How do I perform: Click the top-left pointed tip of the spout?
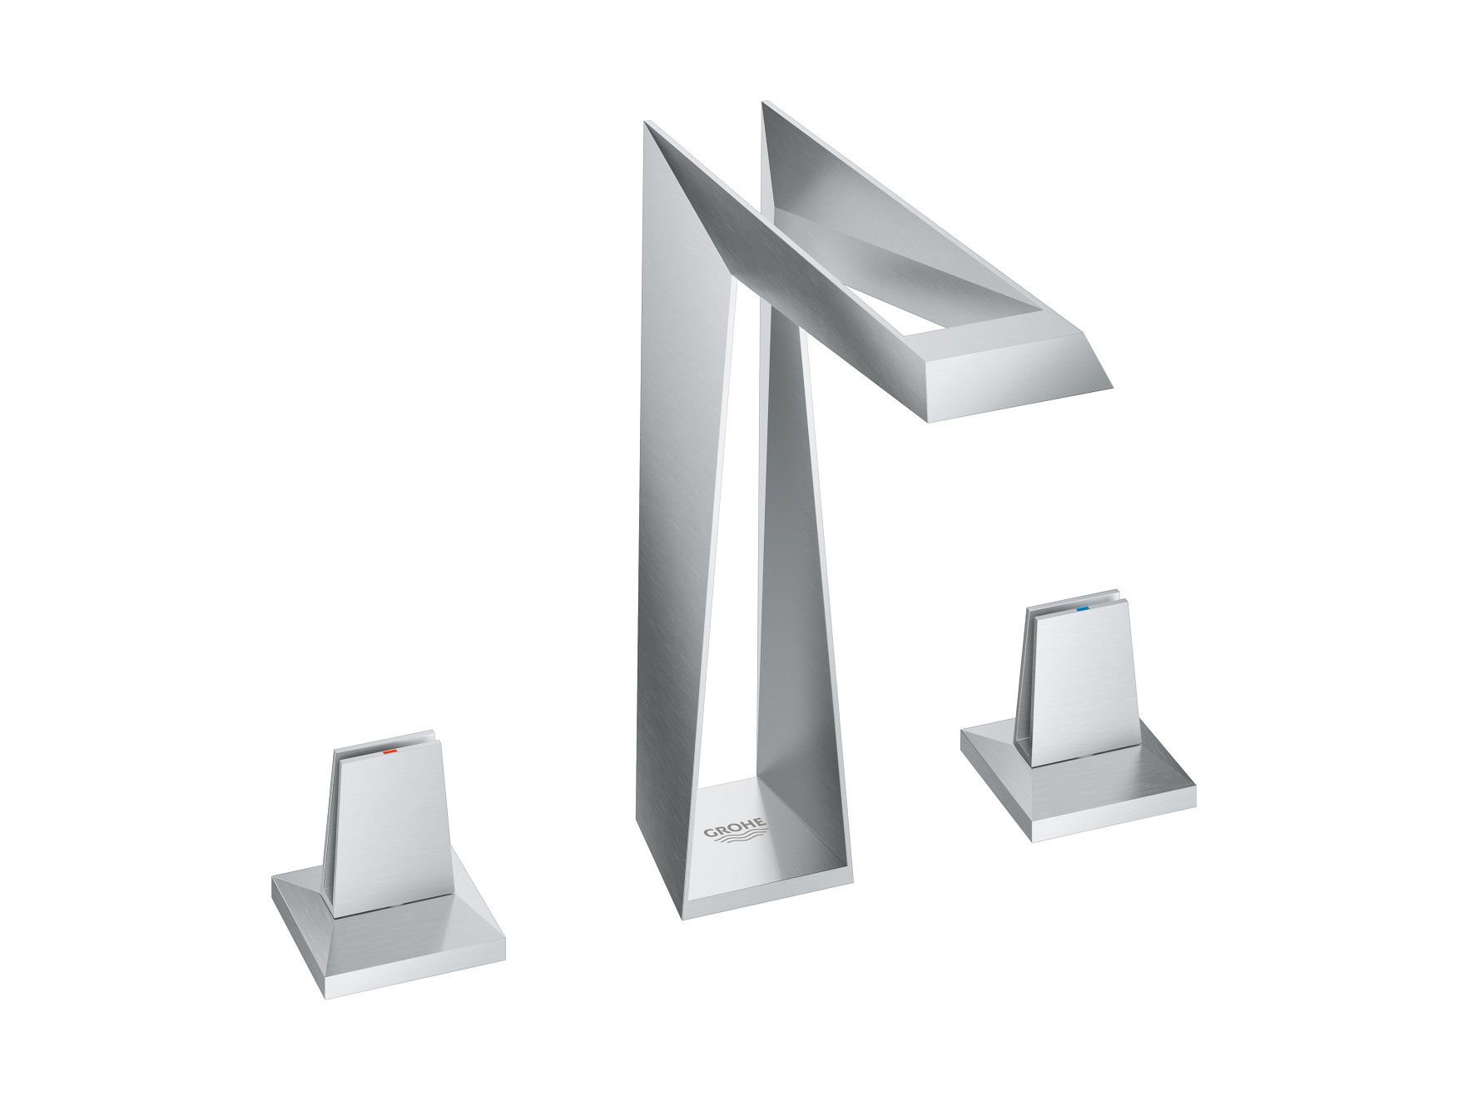tap(647, 125)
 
